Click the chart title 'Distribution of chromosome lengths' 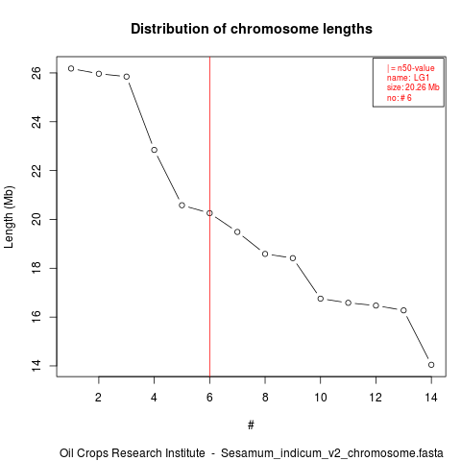click(252, 29)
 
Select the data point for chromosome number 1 click(71, 68)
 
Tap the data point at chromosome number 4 click(155, 150)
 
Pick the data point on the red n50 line click(209, 213)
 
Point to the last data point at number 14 click(431, 365)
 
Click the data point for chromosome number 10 click(321, 299)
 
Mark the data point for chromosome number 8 click(265, 254)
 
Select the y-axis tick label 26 click(36, 73)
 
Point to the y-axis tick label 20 click(36, 219)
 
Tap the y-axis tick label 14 click(36, 366)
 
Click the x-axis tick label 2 click(99, 398)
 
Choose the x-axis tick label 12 click(376, 398)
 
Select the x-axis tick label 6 click(209, 398)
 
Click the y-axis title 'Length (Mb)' click(10, 217)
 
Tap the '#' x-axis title click(251, 425)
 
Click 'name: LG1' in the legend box click(408, 78)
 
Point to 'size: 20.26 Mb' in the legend click(413, 87)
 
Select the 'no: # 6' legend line click(400, 98)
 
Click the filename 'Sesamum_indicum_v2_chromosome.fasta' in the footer click(332, 453)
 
